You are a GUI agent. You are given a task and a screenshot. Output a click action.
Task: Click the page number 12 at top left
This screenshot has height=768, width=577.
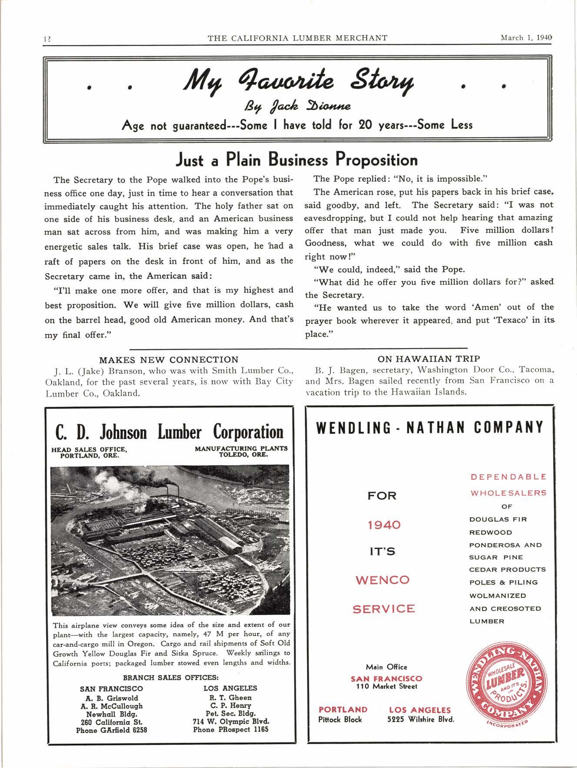pos(47,38)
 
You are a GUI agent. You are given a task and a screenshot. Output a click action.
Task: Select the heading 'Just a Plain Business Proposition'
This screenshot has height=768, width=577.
pos(296,160)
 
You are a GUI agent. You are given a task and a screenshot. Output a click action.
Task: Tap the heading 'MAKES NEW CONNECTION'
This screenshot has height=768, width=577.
pos(169,359)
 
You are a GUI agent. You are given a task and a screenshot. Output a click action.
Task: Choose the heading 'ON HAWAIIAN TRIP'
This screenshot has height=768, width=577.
pos(429,359)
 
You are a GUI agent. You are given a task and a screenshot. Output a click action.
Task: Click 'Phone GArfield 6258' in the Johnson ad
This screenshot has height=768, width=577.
pos(111,730)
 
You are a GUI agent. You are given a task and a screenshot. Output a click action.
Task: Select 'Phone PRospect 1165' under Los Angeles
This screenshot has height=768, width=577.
pos(230,729)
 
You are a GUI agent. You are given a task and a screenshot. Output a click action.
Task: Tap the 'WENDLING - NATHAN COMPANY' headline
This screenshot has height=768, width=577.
pos(430,428)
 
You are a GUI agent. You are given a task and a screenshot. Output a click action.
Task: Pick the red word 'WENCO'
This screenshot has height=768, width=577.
pos(383,580)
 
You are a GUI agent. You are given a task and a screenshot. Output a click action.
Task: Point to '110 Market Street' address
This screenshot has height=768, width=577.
pos(387,687)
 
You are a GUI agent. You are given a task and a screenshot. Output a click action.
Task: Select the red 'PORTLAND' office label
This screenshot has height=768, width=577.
pos(343,710)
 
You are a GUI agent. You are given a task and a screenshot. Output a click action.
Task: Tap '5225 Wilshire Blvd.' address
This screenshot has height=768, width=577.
pos(420,719)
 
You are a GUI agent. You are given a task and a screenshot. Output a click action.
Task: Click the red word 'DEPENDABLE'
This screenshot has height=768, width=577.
pos(508,477)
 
